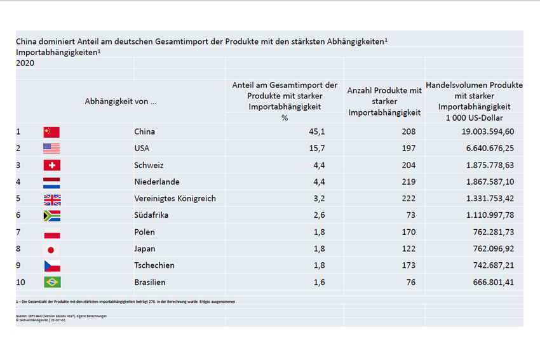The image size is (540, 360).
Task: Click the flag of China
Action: tap(51, 132)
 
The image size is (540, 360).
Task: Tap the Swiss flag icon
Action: tap(51, 165)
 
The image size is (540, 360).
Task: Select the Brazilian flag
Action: tap(51, 282)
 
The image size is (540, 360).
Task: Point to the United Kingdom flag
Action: tap(51, 199)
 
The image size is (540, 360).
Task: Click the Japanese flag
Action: tap(51, 249)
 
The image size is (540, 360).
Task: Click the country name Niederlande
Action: tap(157, 182)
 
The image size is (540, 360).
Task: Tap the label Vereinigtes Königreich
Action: tap(175, 199)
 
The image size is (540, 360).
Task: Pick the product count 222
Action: tap(408, 199)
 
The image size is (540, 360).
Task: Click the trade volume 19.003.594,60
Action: tap(482, 132)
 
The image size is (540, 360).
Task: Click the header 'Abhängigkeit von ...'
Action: tap(121, 101)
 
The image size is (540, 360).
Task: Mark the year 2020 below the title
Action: tap(25, 63)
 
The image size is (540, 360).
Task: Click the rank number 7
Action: tap(18, 232)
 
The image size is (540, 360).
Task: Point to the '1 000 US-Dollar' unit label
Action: tap(474, 118)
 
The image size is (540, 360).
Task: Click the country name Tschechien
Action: tap(154, 265)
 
